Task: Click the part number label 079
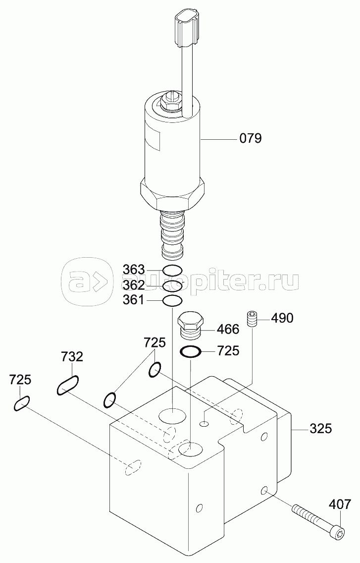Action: pyautogui.click(x=251, y=138)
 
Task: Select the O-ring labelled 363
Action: pyautogui.click(x=173, y=271)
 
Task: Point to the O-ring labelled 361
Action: pyautogui.click(x=173, y=301)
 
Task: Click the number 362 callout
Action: pyautogui.click(x=134, y=285)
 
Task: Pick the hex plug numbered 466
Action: pyautogui.click(x=191, y=326)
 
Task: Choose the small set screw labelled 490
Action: pyautogui.click(x=253, y=319)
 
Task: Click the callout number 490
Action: pyautogui.click(x=282, y=318)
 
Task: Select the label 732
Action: pyautogui.click(x=72, y=356)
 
